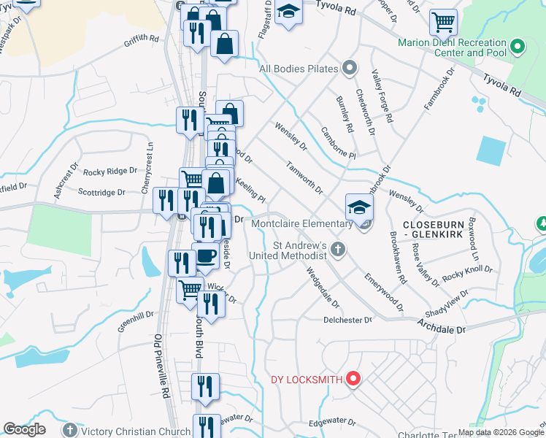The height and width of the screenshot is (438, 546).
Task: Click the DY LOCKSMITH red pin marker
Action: (353, 379)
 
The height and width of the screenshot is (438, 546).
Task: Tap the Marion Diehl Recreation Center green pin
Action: (518, 48)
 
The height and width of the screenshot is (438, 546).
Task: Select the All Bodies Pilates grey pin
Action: (350, 69)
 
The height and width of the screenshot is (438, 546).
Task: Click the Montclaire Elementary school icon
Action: (360, 207)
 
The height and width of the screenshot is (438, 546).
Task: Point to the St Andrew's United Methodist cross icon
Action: (337, 250)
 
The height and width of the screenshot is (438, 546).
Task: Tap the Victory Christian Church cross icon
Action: (69, 430)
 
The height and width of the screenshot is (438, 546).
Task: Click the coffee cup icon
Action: (205, 256)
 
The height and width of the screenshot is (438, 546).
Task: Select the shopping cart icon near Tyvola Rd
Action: (443, 22)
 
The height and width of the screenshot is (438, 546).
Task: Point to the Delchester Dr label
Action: (348, 320)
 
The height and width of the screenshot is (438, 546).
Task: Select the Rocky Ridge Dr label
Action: (110, 172)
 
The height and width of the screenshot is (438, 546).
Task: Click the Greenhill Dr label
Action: (136, 320)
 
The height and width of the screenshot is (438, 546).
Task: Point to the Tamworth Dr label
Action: (304, 178)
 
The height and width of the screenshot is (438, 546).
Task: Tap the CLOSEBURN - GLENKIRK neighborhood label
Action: (436, 226)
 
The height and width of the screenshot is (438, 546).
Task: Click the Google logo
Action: (25, 429)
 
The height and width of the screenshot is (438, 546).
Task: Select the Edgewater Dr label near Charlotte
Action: (331, 422)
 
